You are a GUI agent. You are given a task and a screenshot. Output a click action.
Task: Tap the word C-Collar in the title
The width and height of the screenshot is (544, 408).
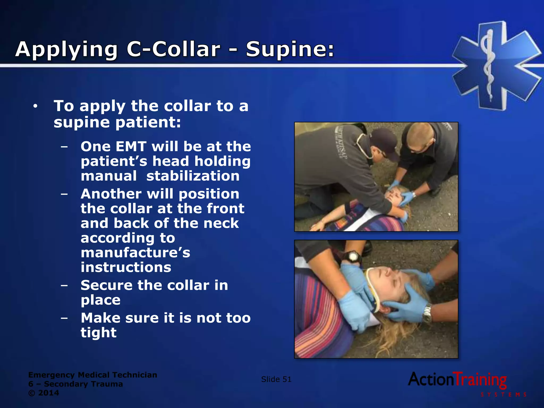173,49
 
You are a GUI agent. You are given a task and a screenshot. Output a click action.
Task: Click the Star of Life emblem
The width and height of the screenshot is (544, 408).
496,65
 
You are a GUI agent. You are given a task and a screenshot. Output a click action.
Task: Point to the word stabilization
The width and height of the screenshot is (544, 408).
193,176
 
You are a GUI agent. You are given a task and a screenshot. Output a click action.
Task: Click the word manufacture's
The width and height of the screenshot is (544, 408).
135,253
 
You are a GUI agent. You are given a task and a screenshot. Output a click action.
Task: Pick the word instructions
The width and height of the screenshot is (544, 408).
126,267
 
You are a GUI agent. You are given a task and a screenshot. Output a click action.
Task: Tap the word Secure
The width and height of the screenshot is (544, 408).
106,285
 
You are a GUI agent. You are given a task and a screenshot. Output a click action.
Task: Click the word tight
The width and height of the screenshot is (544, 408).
99,333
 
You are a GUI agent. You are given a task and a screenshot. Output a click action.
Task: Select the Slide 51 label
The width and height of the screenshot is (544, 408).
276,379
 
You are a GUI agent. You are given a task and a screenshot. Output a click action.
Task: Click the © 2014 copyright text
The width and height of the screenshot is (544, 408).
44,393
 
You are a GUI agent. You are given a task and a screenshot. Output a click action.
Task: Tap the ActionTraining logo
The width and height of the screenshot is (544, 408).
457,380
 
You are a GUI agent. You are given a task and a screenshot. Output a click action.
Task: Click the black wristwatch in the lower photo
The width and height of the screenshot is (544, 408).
353,257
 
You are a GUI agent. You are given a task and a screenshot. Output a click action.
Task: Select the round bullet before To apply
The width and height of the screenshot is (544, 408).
35,107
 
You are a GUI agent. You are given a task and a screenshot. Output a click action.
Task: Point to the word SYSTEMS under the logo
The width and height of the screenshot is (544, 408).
503,395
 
